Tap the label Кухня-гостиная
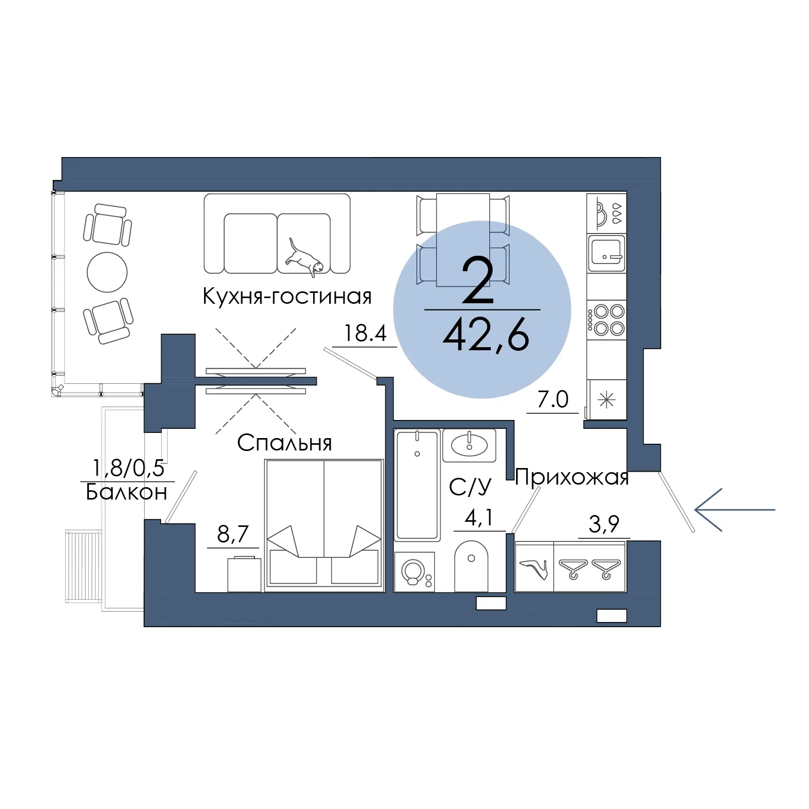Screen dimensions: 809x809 (x=287, y=297)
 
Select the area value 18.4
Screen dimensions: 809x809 (x=365, y=333)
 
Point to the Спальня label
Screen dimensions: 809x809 (x=285, y=443)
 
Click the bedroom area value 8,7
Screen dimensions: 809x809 (x=233, y=534)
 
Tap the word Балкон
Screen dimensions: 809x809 (x=127, y=492)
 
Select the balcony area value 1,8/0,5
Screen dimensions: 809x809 (x=128, y=468)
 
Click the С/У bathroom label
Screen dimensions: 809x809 (x=470, y=487)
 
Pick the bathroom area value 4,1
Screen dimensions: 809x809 (x=479, y=518)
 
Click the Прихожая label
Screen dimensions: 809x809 (x=572, y=477)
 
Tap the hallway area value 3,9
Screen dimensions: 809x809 (x=604, y=524)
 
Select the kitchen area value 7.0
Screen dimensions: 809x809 (x=553, y=399)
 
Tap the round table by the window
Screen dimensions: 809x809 (x=107, y=272)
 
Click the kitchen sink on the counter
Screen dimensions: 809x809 (x=606, y=253)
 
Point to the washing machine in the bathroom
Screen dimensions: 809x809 (x=414, y=572)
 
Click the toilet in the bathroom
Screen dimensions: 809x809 (x=471, y=566)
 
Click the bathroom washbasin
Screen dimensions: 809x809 (x=469, y=445)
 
